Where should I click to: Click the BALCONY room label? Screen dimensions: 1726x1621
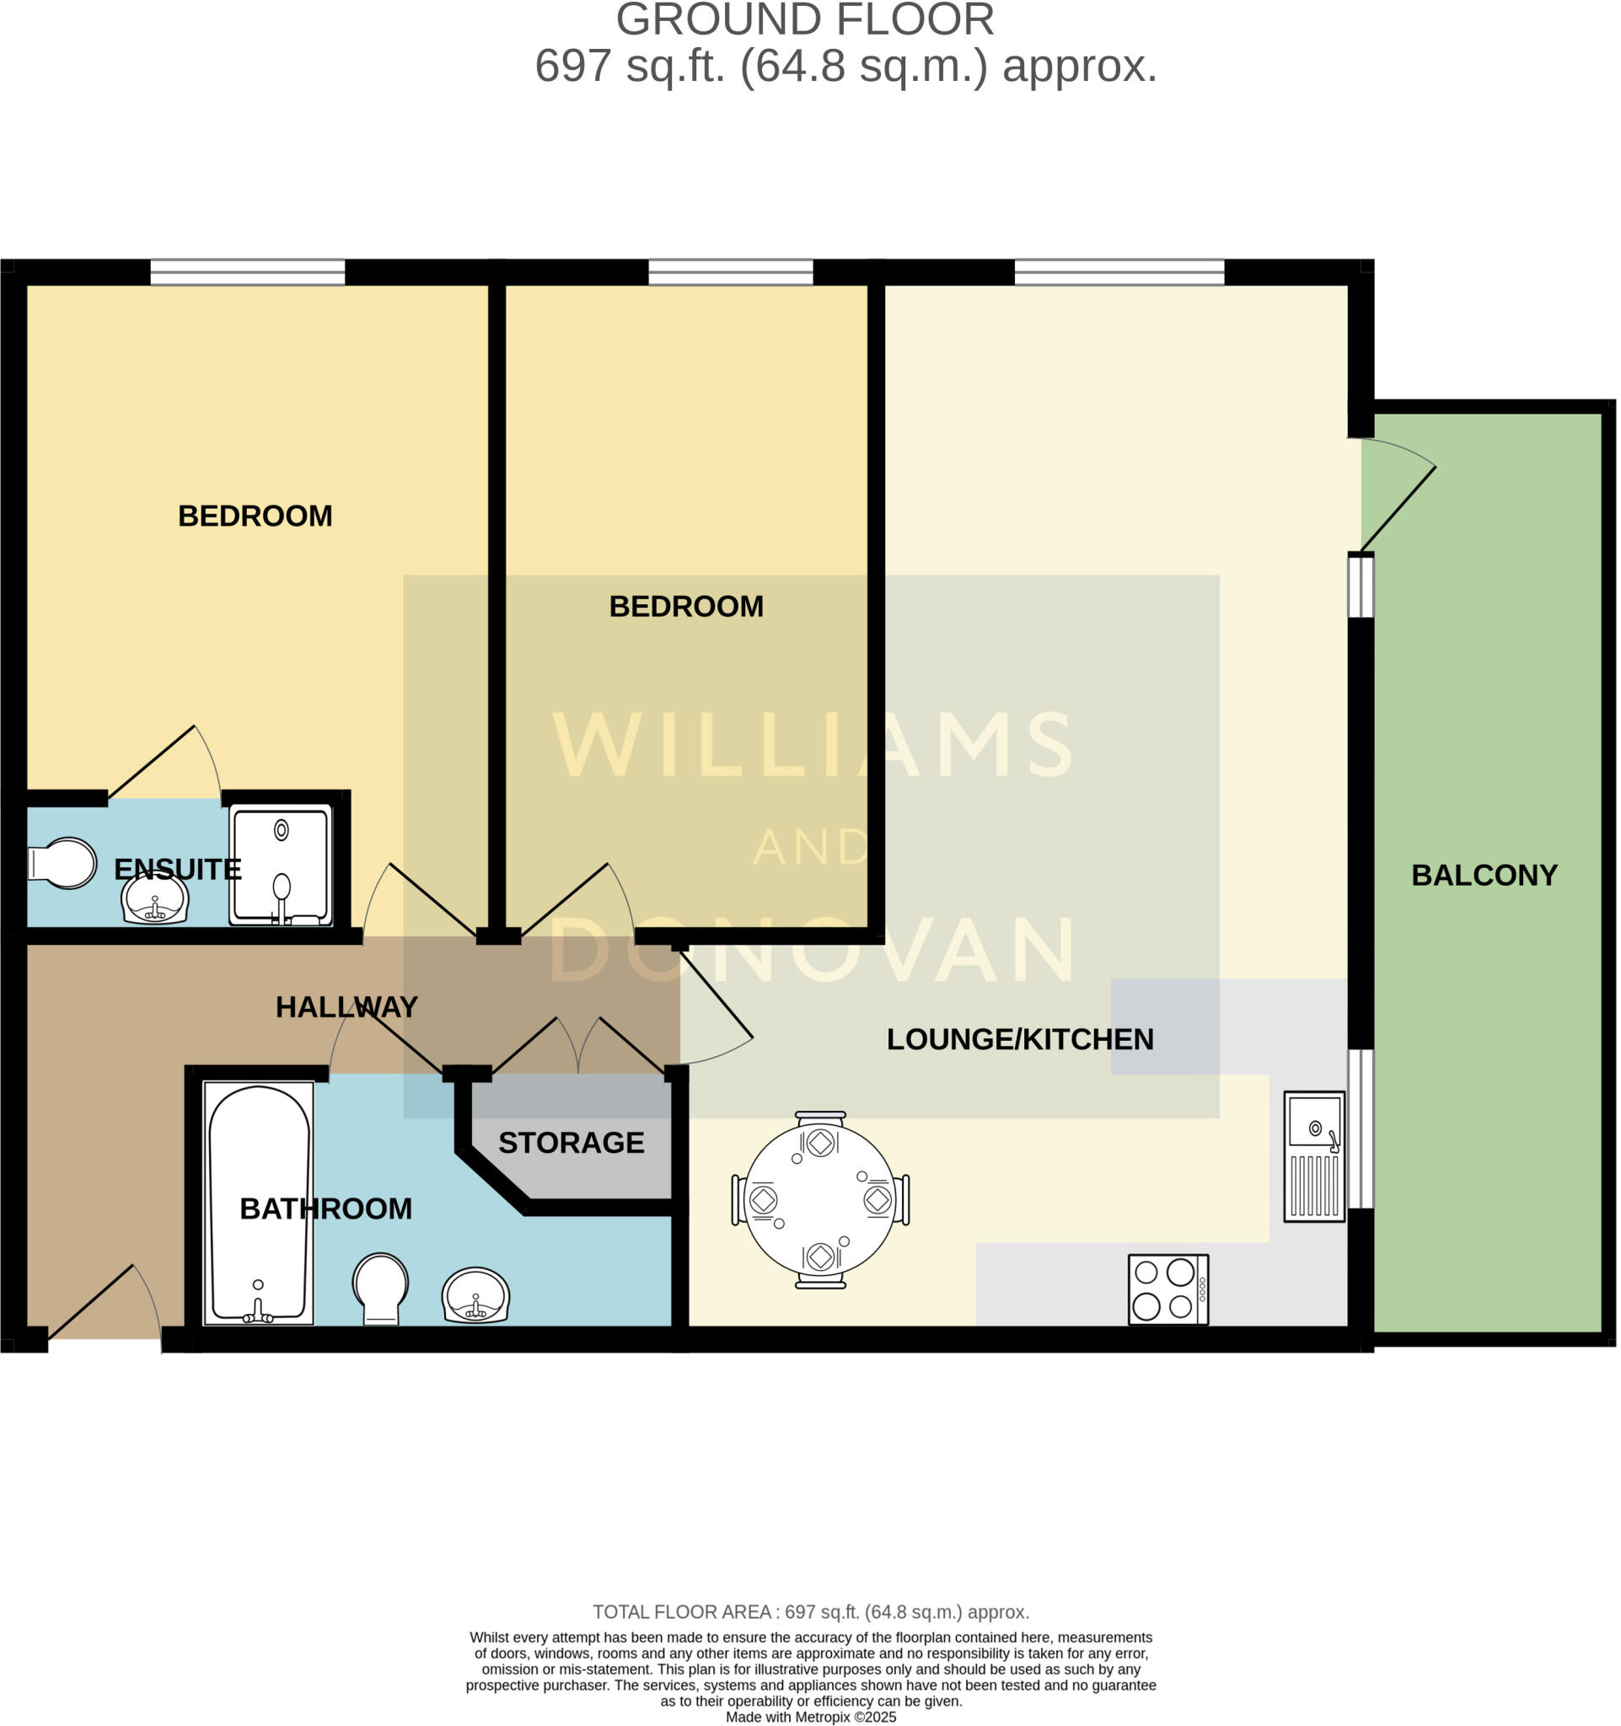click(x=1484, y=875)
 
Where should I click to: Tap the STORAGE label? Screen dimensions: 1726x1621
click(x=572, y=1143)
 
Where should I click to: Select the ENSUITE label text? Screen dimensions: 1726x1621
click(x=177, y=869)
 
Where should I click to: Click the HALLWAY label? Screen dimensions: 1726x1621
click(x=346, y=1007)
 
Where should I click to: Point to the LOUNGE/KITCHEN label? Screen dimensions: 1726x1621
click(x=1019, y=1039)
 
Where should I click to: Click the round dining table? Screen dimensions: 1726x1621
click(x=819, y=1200)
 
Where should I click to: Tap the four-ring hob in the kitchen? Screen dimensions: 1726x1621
click(x=1167, y=1289)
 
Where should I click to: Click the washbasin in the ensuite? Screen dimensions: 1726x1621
click(x=154, y=899)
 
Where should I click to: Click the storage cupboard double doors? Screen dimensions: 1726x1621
click(x=578, y=1047)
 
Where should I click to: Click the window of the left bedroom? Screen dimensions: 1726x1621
click(x=248, y=272)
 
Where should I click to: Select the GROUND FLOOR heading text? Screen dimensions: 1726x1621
click(x=804, y=21)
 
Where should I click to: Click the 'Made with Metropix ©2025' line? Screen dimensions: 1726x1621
click(x=810, y=1717)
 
